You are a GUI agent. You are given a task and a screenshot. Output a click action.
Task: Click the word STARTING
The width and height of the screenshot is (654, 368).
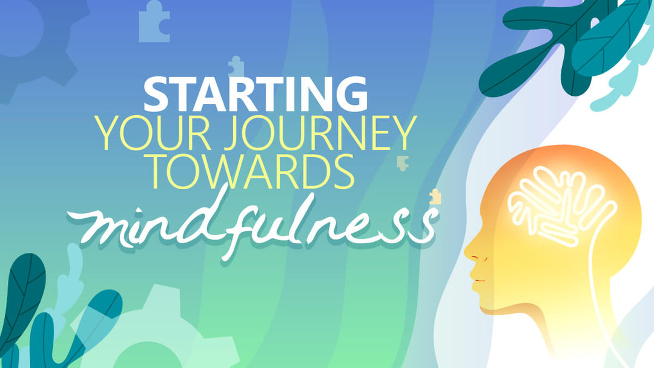tap(256, 95)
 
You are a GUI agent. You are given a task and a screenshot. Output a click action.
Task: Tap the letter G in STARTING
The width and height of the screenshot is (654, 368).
tap(350, 95)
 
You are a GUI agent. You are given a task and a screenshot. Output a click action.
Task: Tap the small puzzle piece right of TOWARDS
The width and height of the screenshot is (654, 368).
tap(402, 162)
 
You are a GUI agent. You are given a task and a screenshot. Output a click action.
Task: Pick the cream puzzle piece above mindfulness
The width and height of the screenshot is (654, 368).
tap(435, 197)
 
